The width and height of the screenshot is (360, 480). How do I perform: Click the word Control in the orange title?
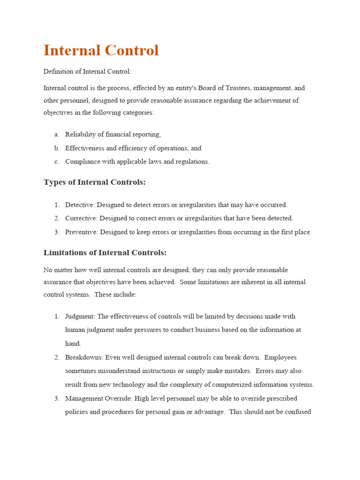(x=133, y=51)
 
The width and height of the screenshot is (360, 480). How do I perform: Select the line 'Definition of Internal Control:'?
(x=88, y=71)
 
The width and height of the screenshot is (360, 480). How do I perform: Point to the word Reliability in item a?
(x=81, y=134)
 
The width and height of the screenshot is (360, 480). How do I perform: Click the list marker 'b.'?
(x=57, y=148)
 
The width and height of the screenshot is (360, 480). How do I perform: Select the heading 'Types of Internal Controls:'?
(x=94, y=182)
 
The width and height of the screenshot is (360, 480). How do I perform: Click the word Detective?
(x=79, y=205)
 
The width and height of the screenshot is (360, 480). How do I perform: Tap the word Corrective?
(x=81, y=218)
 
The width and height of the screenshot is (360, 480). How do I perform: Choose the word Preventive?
(x=81, y=232)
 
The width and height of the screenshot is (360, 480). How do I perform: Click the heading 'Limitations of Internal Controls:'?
(x=105, y=253)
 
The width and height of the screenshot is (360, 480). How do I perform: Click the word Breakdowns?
(x=84, y=358)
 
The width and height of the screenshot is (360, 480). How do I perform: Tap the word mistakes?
(x=236, y=371)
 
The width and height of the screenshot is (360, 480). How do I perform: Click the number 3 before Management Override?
(x=56, y=398)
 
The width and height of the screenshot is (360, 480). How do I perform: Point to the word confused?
(x=296, y=412)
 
